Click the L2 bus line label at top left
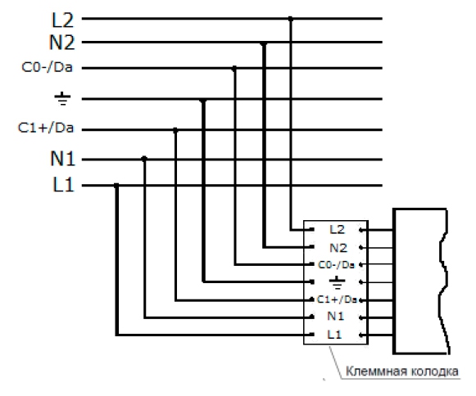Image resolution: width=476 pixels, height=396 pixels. point(63,20)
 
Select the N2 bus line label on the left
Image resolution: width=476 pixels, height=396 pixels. point(61,43)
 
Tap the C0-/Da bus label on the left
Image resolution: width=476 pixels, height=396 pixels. point(47,67)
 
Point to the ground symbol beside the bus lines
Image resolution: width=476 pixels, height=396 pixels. point(62,98)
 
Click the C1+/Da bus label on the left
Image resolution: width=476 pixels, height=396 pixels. point(46,128)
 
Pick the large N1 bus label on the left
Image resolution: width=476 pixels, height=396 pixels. point(62,158)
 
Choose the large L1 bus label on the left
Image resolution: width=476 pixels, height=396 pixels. point(63,184)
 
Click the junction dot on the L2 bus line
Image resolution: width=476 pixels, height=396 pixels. point(291,19)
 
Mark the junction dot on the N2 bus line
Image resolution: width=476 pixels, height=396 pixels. point(264,44)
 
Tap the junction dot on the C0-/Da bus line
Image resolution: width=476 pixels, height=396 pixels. point(234,69)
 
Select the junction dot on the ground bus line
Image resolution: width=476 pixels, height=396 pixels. point(203,100)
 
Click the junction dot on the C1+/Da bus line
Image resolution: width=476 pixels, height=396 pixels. point(175,130)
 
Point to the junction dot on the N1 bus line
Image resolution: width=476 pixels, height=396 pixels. point(144,158)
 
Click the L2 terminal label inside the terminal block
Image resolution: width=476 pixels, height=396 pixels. point(337,230)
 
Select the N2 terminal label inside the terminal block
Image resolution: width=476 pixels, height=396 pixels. point(338,248)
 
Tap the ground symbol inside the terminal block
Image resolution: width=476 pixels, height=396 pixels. point(337,282)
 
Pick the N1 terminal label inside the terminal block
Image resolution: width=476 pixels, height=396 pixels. point(335,317)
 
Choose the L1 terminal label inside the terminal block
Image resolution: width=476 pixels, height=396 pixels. point(334,335)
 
